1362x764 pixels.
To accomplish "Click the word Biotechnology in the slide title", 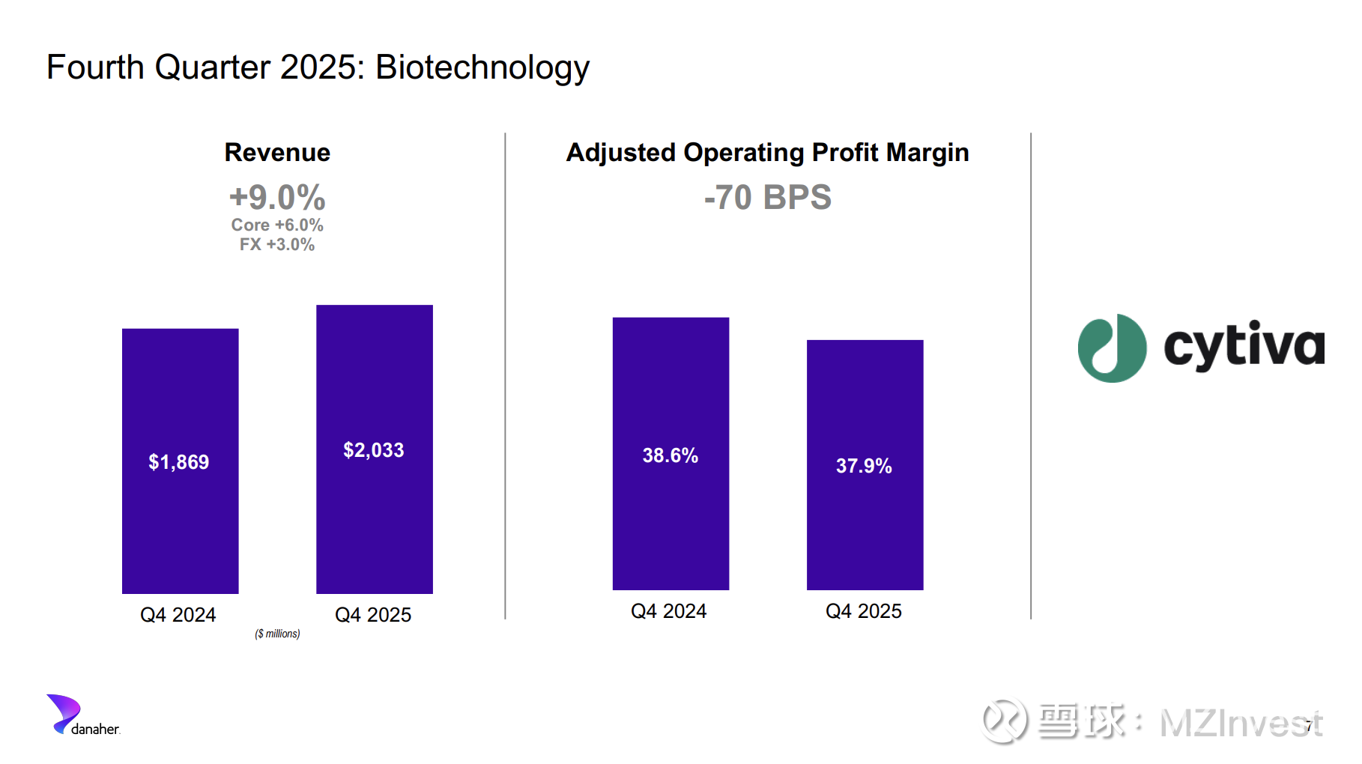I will [482, 67].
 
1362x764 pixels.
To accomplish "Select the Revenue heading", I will [277, 152].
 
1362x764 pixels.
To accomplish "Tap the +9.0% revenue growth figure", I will [277, 197].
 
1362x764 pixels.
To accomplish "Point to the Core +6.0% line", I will [277, 225].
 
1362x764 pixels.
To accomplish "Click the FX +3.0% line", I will [277, 244].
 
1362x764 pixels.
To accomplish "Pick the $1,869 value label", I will [179, 462].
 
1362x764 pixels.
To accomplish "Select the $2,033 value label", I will [374, 450].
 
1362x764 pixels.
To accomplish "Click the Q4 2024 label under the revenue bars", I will [178, 615].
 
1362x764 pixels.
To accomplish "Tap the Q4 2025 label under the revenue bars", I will [373, 615].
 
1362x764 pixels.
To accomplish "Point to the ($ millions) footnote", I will [277, 634].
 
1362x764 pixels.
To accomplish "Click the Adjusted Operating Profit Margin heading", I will [767, 152].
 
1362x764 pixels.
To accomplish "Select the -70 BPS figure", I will [767, 198].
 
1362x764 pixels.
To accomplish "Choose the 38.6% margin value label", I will [671, 455].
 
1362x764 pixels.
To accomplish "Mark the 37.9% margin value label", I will [864, 466].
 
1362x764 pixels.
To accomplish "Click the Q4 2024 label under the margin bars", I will [669, 611].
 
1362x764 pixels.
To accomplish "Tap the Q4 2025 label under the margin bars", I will [864, 611].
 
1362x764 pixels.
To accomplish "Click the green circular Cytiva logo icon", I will [1112, 348].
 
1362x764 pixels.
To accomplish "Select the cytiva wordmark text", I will [1244, 346].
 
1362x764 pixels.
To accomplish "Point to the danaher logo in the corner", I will [82, 716].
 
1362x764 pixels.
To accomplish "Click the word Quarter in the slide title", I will [212, 67].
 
